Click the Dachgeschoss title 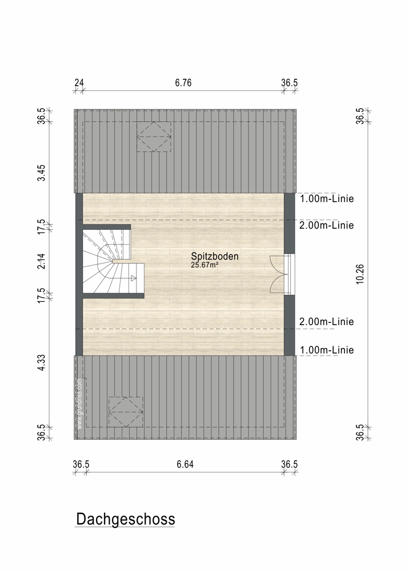(126, 519)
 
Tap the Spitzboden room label (215, 257)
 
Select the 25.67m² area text (204, 265)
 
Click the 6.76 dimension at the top (183, 83)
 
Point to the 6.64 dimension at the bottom (185, 464)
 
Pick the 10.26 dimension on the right (360, 274)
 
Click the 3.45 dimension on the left (42, 173)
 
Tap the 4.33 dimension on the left (42, 363)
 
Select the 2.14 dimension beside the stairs (42, 261)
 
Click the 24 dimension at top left (79, 83)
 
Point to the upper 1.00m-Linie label (327, 198)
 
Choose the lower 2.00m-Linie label (326, 322)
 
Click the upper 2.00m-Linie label (326, 225)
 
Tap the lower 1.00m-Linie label (327, 350)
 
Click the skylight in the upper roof (154, 137)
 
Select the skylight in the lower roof (126, 412)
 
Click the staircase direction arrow (134, 278)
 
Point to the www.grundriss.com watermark (80, 404)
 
